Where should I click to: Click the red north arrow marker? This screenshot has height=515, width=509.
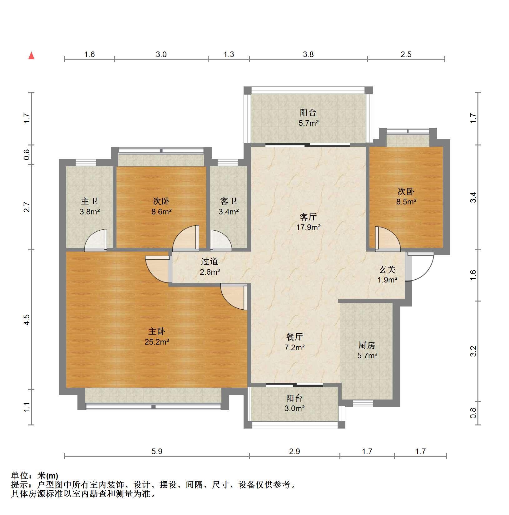click(x=31, y=56)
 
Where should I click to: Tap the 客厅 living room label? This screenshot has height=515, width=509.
click(x=308, y=217)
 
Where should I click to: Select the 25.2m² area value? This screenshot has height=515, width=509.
click(x=157, y=342)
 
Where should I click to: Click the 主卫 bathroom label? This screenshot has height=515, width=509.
click(x=89, y=201)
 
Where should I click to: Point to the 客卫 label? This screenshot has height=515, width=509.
click(x=228, y=201)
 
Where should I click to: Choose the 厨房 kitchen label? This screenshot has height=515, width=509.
click(x=367, y=345)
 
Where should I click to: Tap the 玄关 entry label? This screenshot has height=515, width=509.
click(x=387, y=269)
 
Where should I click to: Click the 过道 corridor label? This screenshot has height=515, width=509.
click(x=210, y=261)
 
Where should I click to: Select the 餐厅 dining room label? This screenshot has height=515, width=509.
click(x=294, y=336)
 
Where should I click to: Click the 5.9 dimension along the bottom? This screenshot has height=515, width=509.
click(x=157, y=451)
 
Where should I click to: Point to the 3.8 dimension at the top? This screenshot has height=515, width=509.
click(x=308, y=54)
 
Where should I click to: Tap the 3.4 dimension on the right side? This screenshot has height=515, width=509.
click(x=473, y=197)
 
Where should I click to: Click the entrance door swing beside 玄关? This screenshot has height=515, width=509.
click(x=420, y=266)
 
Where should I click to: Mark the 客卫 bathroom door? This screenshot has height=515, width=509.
click(x=221, y=240)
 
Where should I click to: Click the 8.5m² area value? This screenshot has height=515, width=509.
click(x=406, y=202)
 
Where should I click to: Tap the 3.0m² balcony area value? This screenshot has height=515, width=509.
click(x=294, y=408)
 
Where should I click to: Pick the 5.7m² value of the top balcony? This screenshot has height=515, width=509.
click(x=308, y=123)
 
